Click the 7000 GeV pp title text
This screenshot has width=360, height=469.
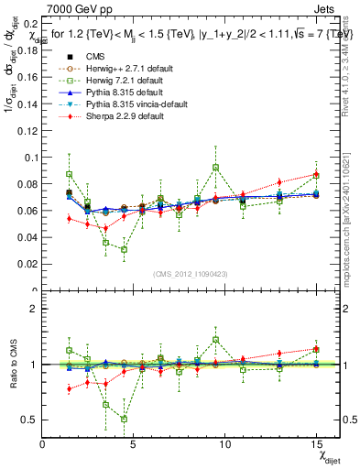coord(76,8)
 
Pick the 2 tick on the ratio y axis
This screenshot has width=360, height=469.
coord(35,309)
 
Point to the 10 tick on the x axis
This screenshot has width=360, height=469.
coord(224,444)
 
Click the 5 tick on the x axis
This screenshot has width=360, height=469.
coord(134,444)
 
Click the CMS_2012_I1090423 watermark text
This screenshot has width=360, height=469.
coord(191,274)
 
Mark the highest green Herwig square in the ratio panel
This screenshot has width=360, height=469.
coord(215,339)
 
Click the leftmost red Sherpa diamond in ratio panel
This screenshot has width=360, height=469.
coord(70,388)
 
